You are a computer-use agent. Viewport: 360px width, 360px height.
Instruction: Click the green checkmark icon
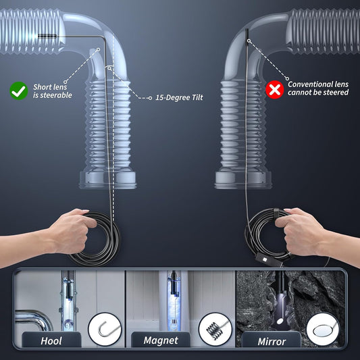click(x=18, y=89)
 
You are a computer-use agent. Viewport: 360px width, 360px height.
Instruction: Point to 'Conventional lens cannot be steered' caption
click(x=318, y=88)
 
